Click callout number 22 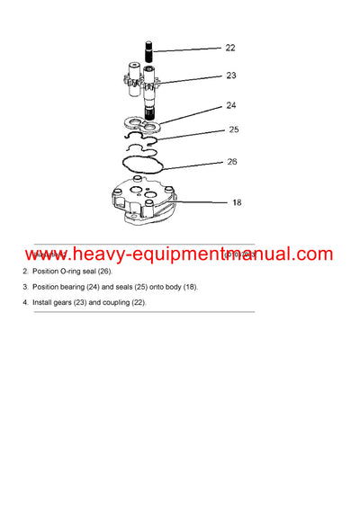pyautogui.click(x=230, y=48)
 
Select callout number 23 pyautogui.click(x=231, y=76)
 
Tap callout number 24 pyautogui.click(x=231, y=105)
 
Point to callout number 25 pyautogui.click(x=233, y=129)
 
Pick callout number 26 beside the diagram pyautogui.click(x=232, y=162)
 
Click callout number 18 pyautogui.click(x=237, y=202)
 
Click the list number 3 pyautogui.click(x=25, y=287)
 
